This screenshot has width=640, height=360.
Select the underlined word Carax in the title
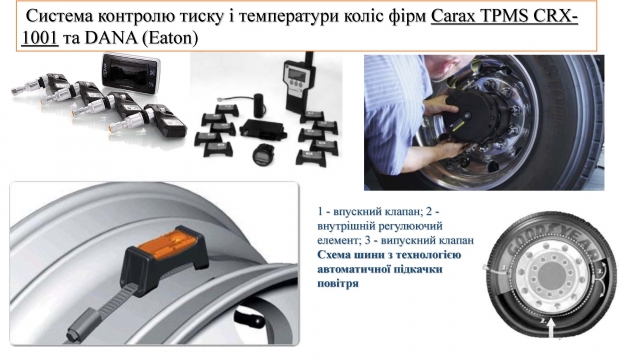point(453,17)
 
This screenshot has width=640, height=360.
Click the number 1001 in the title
point(40,38)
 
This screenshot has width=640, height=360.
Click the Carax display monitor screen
point(130,74)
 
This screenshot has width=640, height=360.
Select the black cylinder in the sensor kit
point(260,104)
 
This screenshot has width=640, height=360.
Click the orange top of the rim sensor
point(166,244)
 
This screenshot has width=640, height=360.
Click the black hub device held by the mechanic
point(476,110)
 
